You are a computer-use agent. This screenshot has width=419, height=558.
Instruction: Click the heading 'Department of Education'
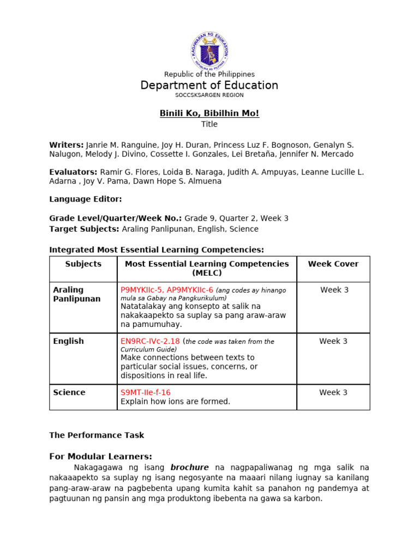click(209, 86)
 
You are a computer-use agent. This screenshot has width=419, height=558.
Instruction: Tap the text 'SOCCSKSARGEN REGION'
click(209, 95)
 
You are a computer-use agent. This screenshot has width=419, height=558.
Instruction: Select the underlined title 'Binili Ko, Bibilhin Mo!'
click(209, 113)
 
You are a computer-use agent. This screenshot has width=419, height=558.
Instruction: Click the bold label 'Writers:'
click(67, 145)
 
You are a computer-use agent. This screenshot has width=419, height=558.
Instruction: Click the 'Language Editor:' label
click(86, 199)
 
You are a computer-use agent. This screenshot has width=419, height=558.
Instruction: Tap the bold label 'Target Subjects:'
click(85, 229)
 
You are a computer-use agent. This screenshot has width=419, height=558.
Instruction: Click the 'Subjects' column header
click(83, 264)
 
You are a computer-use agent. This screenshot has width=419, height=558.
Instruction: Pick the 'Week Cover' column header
click(333, 264)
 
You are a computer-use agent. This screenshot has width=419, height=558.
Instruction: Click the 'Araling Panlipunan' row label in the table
click(76, 294)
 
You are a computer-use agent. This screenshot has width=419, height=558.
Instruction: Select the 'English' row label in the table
click(69, 341)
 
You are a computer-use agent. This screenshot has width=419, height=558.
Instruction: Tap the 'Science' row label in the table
click(69, 392)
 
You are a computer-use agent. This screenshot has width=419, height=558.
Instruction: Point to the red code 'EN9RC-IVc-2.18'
click(151, 341)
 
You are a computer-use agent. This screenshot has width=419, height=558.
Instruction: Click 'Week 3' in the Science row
click(333, 392)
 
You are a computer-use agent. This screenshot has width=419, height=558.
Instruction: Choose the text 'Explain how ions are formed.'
click(176, 402)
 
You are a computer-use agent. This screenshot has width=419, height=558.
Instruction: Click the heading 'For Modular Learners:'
click(101, 457)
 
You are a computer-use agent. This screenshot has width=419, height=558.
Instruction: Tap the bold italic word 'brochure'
click(190, 468)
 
